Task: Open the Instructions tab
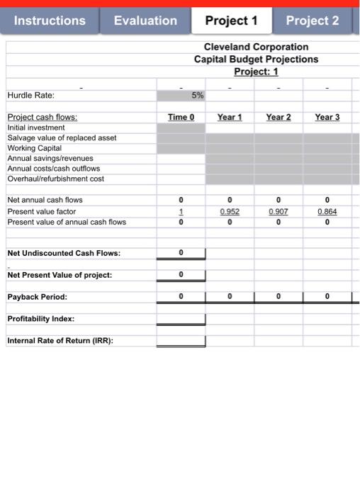49,21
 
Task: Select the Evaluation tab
145,21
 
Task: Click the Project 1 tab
231,21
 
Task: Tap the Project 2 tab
312,21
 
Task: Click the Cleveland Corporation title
256,46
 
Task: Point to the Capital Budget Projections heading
256,59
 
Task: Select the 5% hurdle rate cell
181,95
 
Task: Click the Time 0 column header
181,117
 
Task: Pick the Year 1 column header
230,117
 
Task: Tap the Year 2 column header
279,117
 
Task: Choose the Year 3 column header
327,117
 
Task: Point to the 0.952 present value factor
230,211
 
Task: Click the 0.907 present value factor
279,211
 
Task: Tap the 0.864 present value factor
327,211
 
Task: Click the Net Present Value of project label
60,275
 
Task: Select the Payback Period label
37,297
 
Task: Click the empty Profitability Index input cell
181,319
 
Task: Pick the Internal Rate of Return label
61,341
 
